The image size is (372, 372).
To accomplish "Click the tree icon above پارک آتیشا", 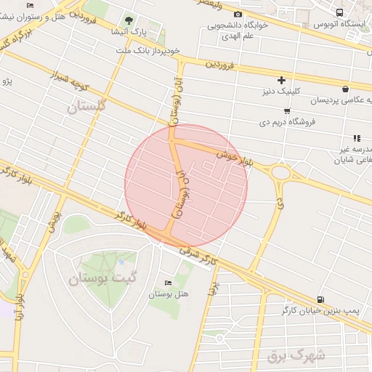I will point(129,20).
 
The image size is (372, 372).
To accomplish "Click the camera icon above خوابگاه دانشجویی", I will point(238,15).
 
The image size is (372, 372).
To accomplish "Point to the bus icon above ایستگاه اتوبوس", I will point(340,12).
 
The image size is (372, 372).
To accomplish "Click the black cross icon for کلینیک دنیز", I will point(282,80).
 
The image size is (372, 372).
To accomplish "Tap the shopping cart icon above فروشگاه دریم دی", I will point(288,110).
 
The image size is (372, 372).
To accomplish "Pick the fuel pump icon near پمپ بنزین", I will point(321,299).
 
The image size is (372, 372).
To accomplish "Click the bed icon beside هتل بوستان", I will point(169,283).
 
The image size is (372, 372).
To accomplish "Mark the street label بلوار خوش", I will point(234,158).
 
